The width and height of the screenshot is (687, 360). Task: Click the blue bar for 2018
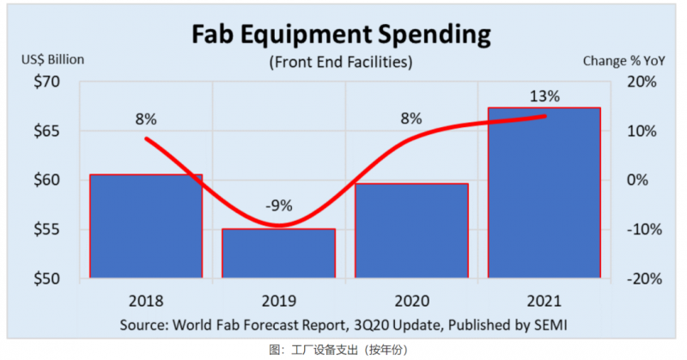coord(146,226)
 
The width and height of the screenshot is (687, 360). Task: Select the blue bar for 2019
coord(278,253)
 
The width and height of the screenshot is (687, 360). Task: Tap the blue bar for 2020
coord(411,230)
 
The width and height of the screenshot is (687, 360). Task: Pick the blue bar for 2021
coord(544,193)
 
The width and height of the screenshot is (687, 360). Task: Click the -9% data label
coord(279,205)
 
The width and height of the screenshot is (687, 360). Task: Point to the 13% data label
coord(544,96)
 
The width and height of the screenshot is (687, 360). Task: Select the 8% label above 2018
coord(146,119)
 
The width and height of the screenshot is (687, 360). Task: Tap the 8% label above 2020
coord(411,118)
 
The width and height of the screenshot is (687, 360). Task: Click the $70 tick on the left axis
coord(47,82)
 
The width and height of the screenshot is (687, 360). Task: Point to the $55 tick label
coord(47,229)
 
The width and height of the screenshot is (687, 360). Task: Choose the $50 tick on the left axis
coord(47,279)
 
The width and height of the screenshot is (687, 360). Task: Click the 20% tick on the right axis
coord(641,82)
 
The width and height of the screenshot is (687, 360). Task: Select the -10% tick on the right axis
coord(644,229)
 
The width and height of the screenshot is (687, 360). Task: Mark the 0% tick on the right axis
coord(637,180)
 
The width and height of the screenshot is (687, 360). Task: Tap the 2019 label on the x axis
coord(279,301)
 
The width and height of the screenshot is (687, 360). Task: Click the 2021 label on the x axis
coord(544,301)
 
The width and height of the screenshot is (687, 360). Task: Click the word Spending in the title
coord(435,35)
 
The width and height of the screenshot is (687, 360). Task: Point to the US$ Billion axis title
coord(53,59)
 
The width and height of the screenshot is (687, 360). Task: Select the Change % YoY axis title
coord(624,61)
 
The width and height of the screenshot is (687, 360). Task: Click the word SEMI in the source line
coord(550,326)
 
